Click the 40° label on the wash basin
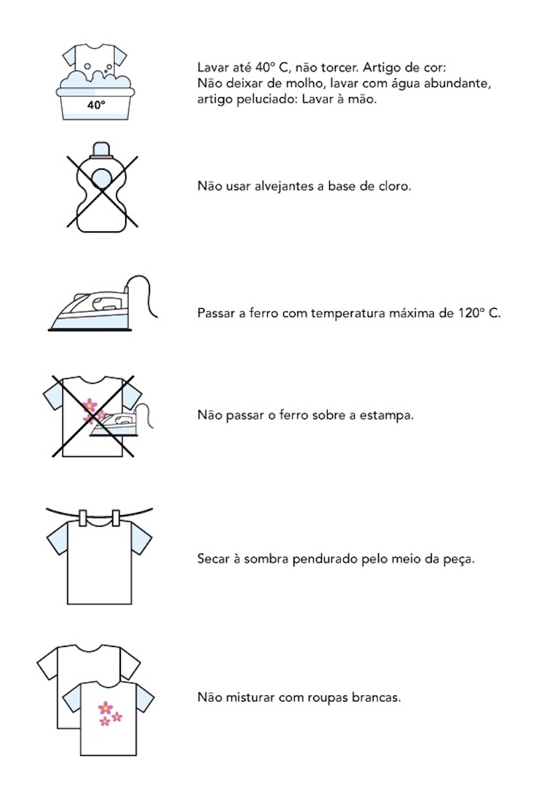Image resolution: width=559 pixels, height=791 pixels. pyautogui.click(x=96, y=106)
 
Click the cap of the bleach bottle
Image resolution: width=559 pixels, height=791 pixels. pyautogui.click(x=102, y=147)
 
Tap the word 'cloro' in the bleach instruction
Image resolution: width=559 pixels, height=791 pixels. pyautogui.click(x=395, y=187)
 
